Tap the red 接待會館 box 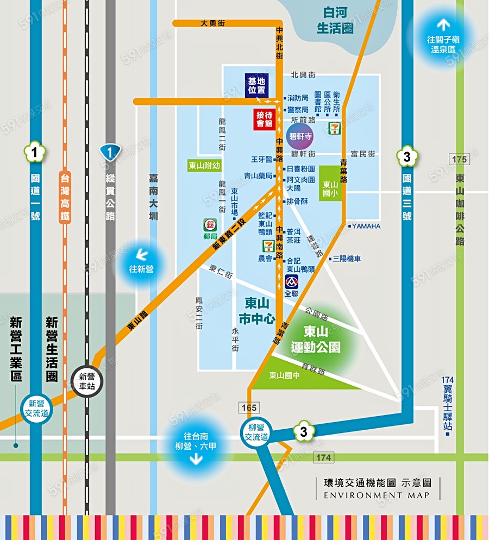click(x=265, y=120)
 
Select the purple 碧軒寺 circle click(x=300, y=136)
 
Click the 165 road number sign click(x=250, y=407)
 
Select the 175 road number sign click(x=459, y=159)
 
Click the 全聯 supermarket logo click(x=292, y=285)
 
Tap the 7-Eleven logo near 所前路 click(x=334, y=129)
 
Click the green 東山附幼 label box click(x=204, y=166)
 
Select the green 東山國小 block click(x=331, y=184)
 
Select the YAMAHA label click(x=365, y=226)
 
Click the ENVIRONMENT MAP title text click(x=377, y=495)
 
